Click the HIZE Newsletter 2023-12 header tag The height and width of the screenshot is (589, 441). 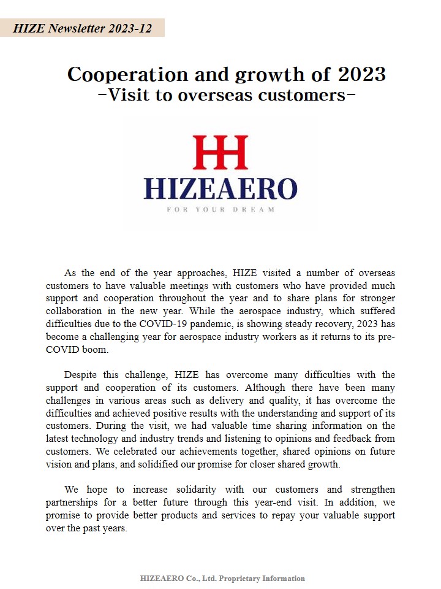pyautogui.click(x=82, y=28)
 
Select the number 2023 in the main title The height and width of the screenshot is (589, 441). pyautogui.click(x=360, y=74)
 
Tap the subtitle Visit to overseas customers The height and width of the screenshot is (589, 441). pyautogui.click(x=227, y=96)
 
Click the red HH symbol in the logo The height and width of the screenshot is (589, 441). pyautogui.click(x=221, y=152)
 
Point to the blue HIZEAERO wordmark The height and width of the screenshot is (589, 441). pyautogui.click(x=221, y=188)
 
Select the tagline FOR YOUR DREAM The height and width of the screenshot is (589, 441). pyautogui.click(x=221, y=209)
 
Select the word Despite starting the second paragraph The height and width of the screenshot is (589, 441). pyautogui.click(x=83, y=375)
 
